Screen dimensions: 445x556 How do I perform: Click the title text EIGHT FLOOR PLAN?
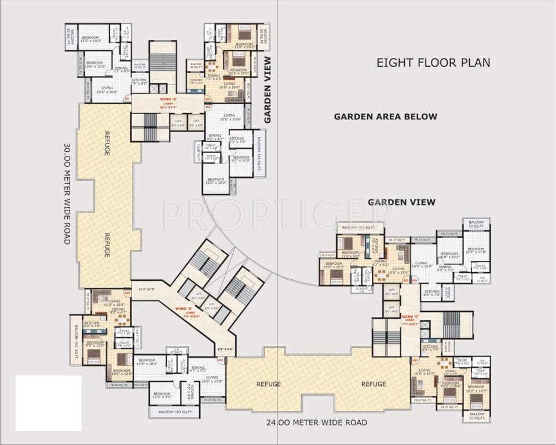coord(433,63)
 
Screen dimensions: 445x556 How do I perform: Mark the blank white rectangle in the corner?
coord(48,403)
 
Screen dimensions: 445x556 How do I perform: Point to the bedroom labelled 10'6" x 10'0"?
coord(96,65)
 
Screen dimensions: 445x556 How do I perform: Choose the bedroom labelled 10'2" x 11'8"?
coord(475,251)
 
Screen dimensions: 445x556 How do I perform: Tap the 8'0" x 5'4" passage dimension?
coord(226,349)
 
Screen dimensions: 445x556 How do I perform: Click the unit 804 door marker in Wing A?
coord(207,99)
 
